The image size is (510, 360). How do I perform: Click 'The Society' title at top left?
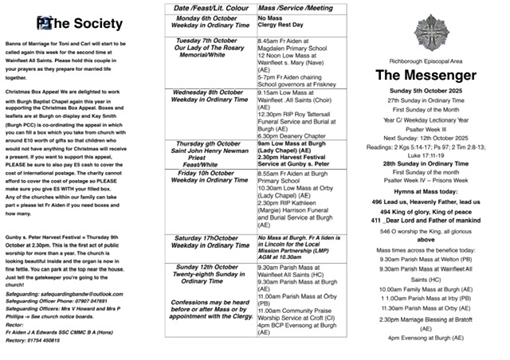point(75,22)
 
